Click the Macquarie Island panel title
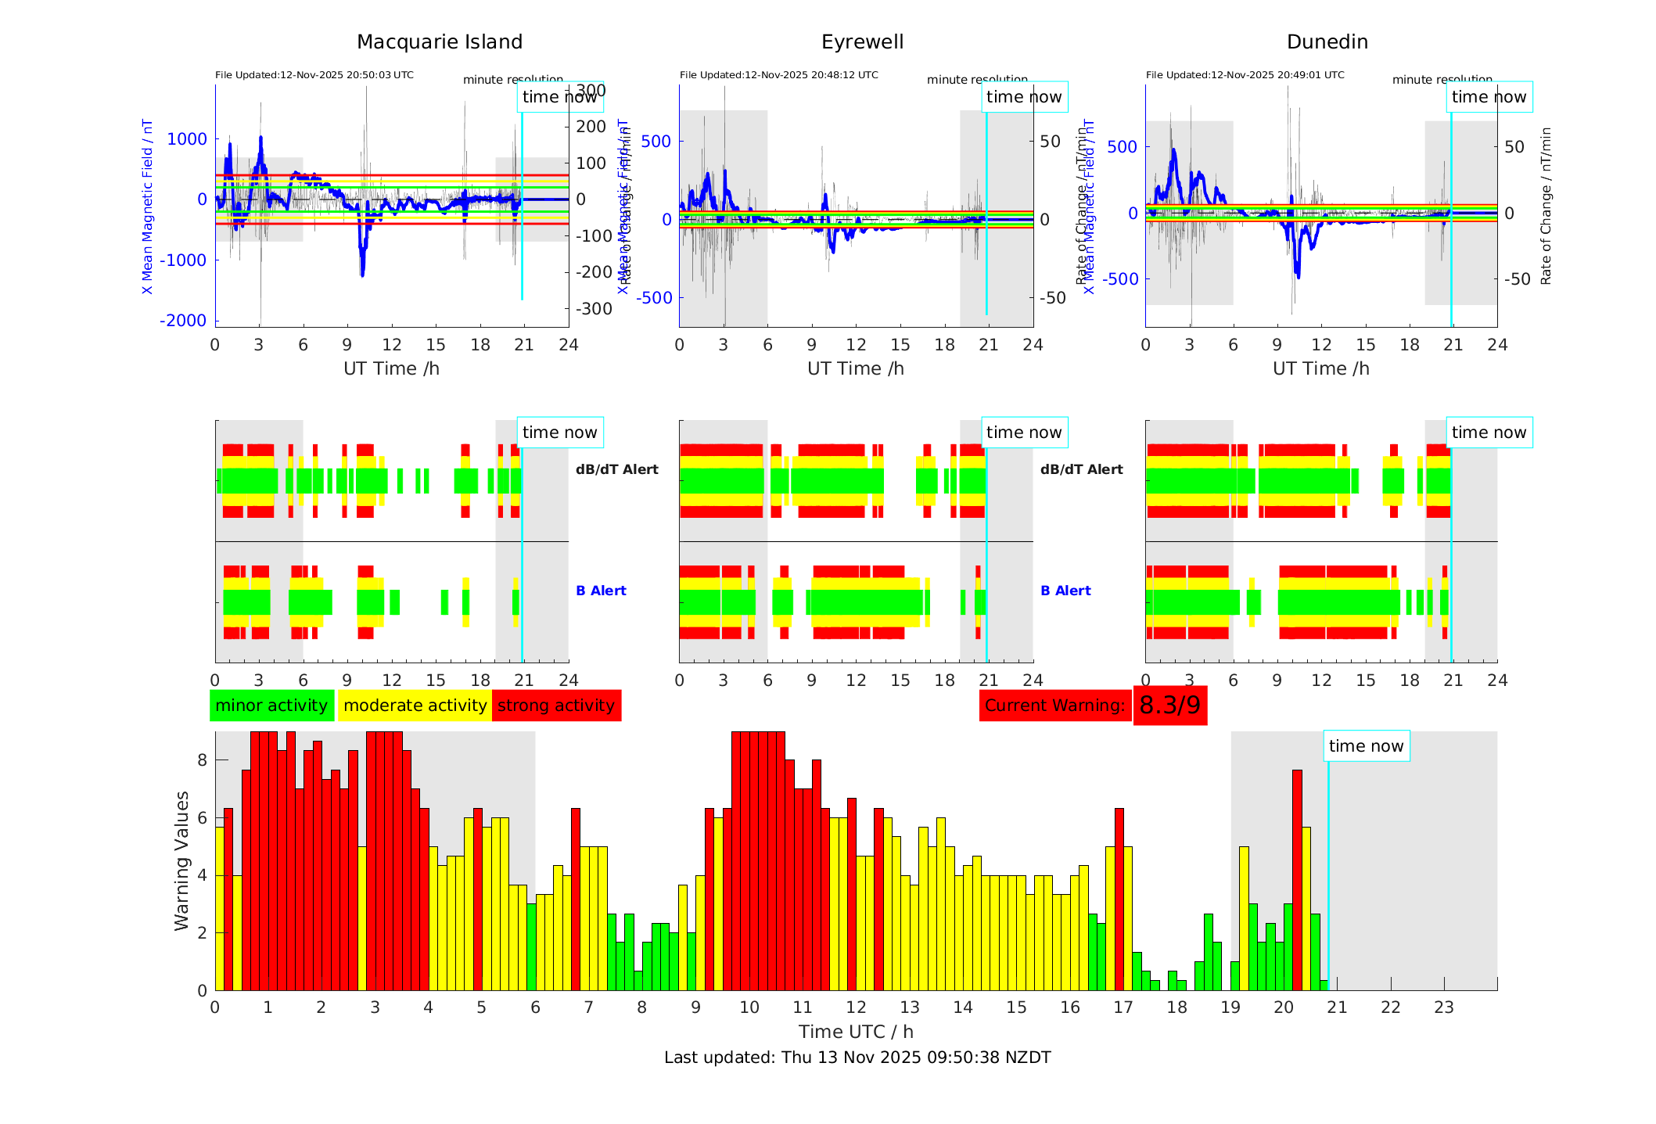click(x=440, y=42)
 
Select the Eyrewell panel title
click(x=862, y=42)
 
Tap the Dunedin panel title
click(x=1327, y=42)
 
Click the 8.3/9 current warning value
click(x=1169, y=706)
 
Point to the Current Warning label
click(x=1054, y=706)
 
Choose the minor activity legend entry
click(x=271, y=706)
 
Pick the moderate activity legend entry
click(x=415, y=706)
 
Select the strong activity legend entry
click(x=556, y=706)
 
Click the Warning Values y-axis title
click(x=182, y=860)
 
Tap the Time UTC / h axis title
click(x=856, y=1032)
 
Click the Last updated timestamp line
click(x=857, y=1058)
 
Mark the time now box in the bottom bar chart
click(x=1366, y=746)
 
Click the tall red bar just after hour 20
click(x=1297, y=880)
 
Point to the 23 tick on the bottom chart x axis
click(x=1444, y=1007)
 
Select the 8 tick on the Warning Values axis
click(x=203, y=760)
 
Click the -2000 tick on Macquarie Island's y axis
click(x=184, y=321)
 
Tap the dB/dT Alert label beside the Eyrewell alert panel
click(x=1081, y=469)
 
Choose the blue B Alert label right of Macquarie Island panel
click(x=601, y=591)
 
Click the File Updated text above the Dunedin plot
click(x=1245, y=75)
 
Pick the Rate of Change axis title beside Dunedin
click(x=1546, y=206)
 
